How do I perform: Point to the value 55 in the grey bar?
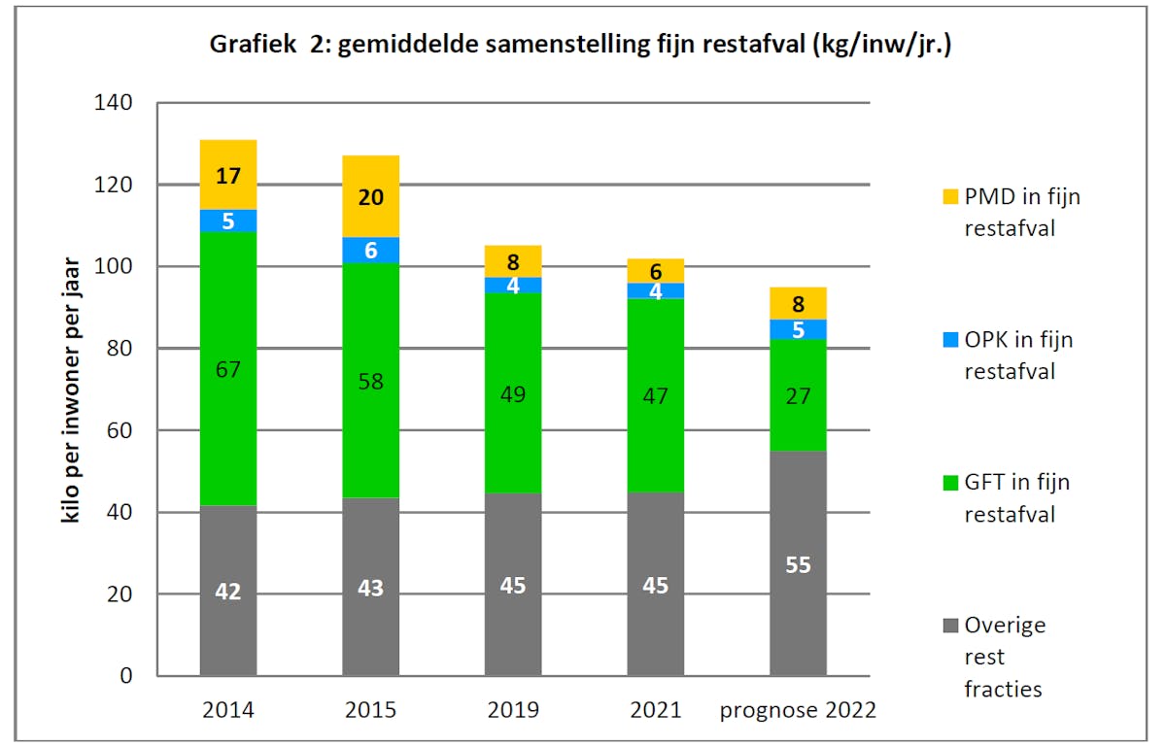click(798, 565)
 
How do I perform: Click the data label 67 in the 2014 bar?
click(228, 369)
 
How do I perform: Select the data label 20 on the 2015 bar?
click(370, 197)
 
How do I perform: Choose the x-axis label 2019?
click(513, 710)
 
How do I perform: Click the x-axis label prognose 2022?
click(798, 710)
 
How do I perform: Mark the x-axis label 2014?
click(228, 710)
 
